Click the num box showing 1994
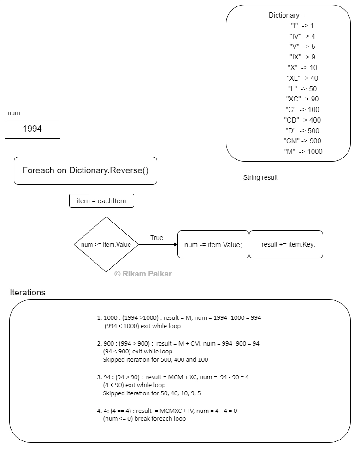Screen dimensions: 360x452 [32, 129]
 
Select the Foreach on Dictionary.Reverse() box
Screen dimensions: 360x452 [85, 170]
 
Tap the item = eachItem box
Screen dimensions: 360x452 [101, 200]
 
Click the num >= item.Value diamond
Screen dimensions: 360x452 [106, 245]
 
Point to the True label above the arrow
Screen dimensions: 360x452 [157, 238]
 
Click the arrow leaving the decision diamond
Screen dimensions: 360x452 [158, 245]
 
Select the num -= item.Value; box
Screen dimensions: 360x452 [213, 245]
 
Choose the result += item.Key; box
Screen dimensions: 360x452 [286, 245]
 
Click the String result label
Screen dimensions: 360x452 [260, 177]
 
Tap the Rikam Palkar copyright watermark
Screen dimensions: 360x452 [143, 274]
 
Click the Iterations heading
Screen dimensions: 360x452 [28, 292]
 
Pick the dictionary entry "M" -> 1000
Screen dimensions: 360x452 [303, 152]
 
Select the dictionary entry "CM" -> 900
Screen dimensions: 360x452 [302, 141]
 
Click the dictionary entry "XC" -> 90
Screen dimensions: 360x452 [302, 99]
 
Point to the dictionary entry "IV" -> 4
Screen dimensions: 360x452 [302, 36]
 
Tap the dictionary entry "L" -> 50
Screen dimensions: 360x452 [302, 89]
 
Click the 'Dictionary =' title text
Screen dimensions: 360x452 [287, 15]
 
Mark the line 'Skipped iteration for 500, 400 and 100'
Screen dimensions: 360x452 [155, 360]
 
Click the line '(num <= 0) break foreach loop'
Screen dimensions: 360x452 [144, 419]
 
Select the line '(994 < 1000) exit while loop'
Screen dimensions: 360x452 [142, 326]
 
